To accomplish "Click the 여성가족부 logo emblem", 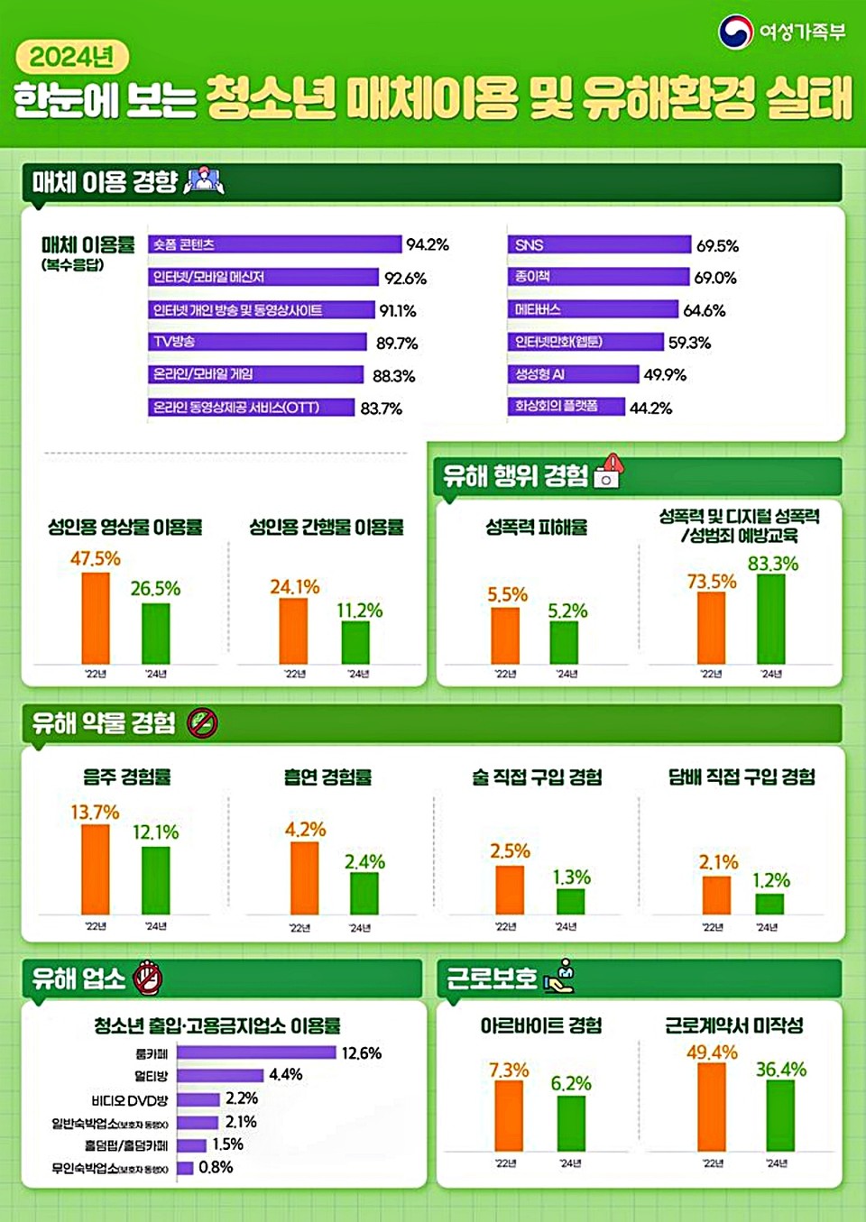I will (735, 32).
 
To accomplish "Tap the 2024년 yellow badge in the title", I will (72, 58).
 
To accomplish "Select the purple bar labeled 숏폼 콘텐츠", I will (274, 244).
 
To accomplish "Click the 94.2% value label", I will (427, 244).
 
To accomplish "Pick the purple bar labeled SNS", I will (599, 245).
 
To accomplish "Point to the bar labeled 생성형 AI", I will (573, 374).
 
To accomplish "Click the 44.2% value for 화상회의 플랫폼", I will (650, 409).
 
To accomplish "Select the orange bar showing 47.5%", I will (96, 618).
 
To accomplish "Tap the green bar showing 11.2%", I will (355, 642).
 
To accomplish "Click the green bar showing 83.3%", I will (770, 619).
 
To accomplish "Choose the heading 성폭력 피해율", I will (536, 528).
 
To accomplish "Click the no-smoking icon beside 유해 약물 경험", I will (202, 722).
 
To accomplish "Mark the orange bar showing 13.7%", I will (96, 869).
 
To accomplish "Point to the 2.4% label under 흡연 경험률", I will (364, 862).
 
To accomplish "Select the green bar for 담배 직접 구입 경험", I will (769, 904).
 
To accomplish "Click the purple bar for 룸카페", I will (256, 1052).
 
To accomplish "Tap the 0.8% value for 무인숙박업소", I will (216, 1167).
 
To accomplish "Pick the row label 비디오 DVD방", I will (129, 1100).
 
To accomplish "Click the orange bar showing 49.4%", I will (712, 1107).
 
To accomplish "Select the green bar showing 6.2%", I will (571, 1123).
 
